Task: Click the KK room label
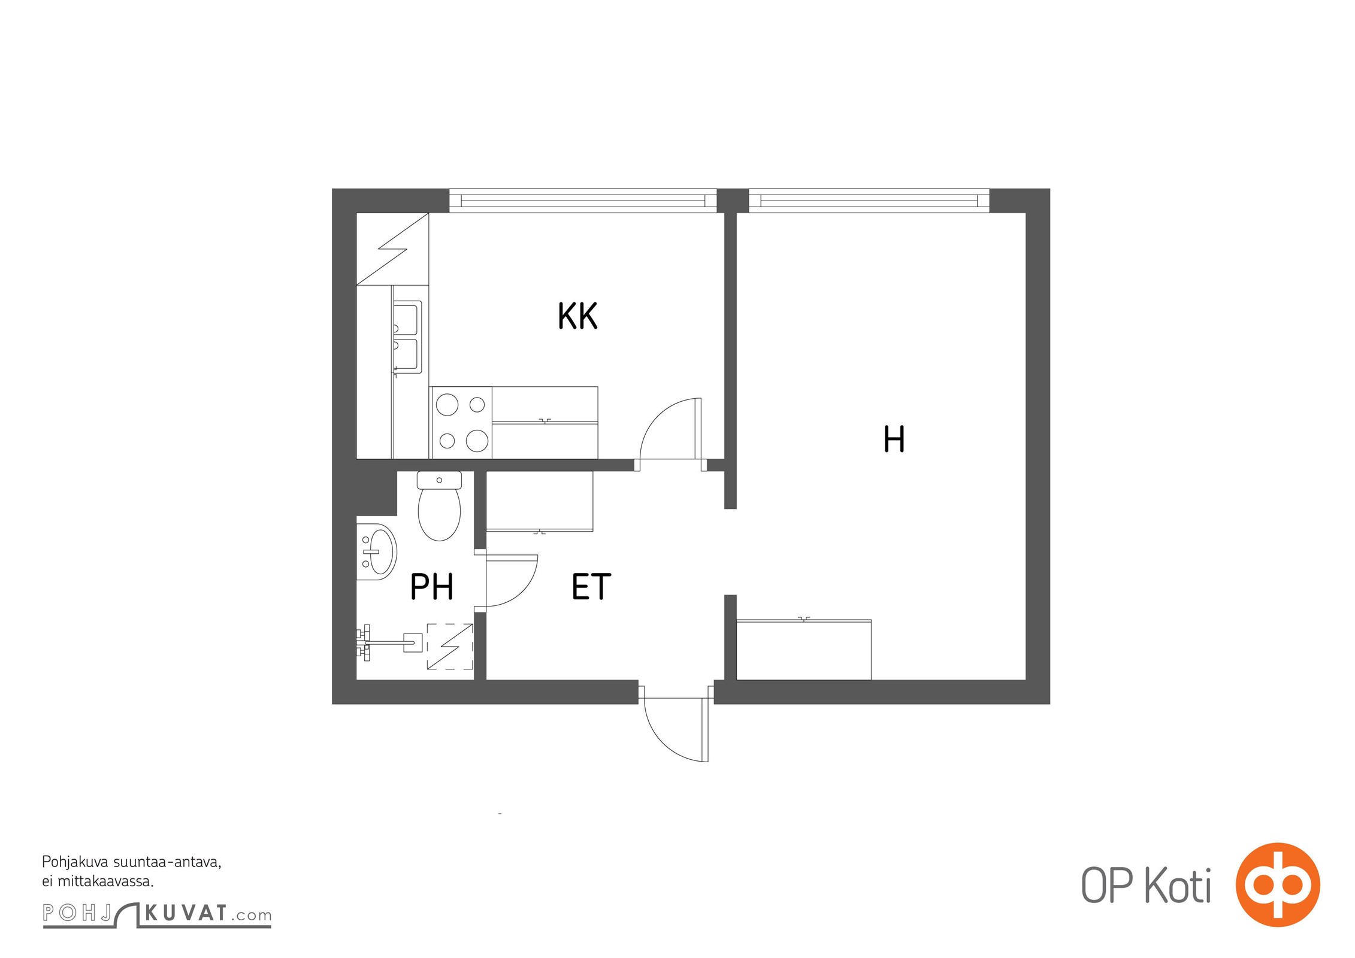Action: click(577, 316)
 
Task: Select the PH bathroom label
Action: click(431, 586)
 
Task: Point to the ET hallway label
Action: click(591, 586)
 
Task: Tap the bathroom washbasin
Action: click(377, 551)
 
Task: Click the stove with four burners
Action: click(461, 423)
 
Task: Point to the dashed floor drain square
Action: click(450, 647)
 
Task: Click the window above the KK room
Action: click(583, 201)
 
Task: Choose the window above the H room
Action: click(869, 201)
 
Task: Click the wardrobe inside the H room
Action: click(804, 650)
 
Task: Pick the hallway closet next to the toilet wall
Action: click(540, 501)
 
